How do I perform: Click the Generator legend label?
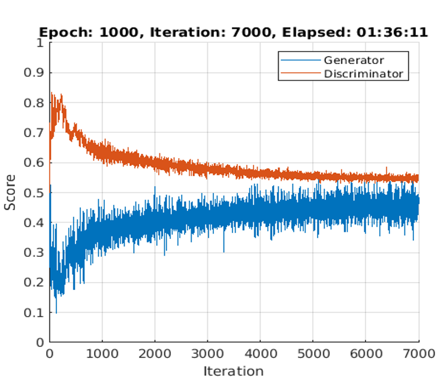point(354,60)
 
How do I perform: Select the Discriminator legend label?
point(363,74)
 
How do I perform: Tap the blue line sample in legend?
point(300,60)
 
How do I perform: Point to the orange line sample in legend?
point(300,74)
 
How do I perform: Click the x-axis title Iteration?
point(233,371)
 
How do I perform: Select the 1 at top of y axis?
point(40,43)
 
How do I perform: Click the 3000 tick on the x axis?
point(207,354)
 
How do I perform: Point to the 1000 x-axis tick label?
point(102,354)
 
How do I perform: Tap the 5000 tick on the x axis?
point(313,354)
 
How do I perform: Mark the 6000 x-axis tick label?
point(366,354)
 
